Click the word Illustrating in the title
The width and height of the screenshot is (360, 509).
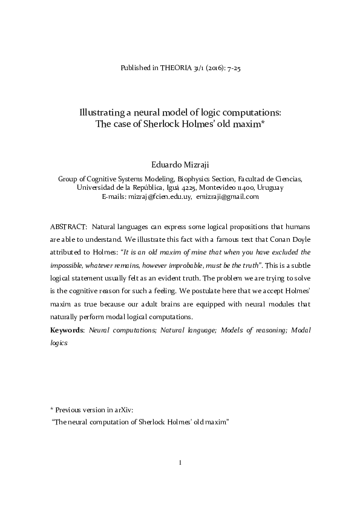[105, 112]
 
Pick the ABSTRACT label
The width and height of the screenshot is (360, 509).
[68, 226]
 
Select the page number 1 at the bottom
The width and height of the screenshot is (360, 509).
[180, 463]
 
